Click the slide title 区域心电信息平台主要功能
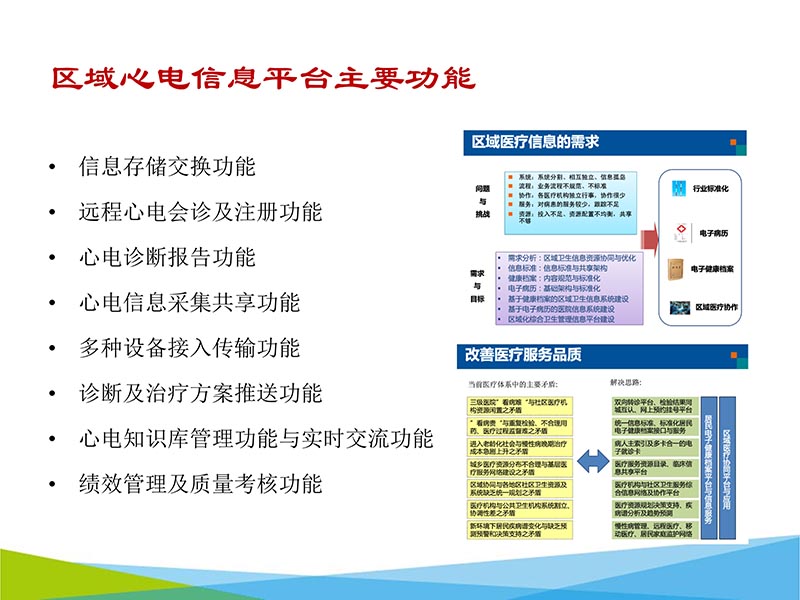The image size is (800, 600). (263, 79)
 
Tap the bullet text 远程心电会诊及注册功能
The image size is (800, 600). (200, 212)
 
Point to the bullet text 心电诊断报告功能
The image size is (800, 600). (167, 257)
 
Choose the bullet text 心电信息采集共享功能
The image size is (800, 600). (189, 302)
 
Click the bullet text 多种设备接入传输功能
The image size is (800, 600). (189, 348)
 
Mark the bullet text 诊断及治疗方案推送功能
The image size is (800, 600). (200, 393)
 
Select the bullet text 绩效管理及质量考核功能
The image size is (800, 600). (200, 484)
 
